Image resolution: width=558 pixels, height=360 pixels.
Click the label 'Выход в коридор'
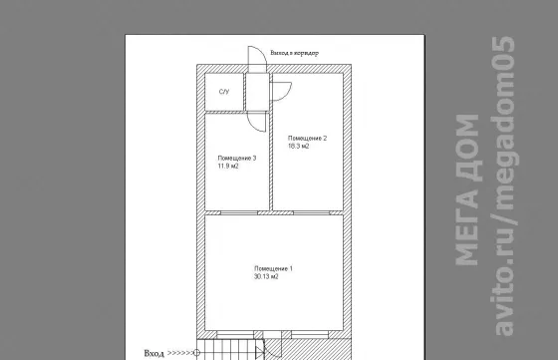(294, 53)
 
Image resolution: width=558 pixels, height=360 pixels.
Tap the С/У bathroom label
(224, 92)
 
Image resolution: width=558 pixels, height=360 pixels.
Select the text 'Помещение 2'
(308, 139)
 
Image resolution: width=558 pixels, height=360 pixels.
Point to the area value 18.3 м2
(298, 146)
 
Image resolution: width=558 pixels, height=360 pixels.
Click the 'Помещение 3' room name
(237, 159)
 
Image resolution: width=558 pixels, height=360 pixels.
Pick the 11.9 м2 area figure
(228, 167)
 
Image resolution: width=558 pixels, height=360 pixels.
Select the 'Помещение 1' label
(273, 268)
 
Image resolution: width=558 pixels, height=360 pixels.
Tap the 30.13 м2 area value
(266, 276)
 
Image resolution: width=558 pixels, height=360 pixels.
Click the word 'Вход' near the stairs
(154, 353)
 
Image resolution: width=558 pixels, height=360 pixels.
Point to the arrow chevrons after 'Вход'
(179, 353)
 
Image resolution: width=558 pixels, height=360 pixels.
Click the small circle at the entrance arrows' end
(196, 353)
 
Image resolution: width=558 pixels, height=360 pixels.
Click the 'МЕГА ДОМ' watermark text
(466, 189)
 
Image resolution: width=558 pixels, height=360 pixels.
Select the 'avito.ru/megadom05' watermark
(505, 185)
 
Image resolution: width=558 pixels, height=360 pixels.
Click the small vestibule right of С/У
(257, 92)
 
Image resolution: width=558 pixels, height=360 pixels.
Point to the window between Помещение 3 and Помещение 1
(239, 213)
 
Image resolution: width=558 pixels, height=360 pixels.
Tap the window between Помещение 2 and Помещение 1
(311, 213)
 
